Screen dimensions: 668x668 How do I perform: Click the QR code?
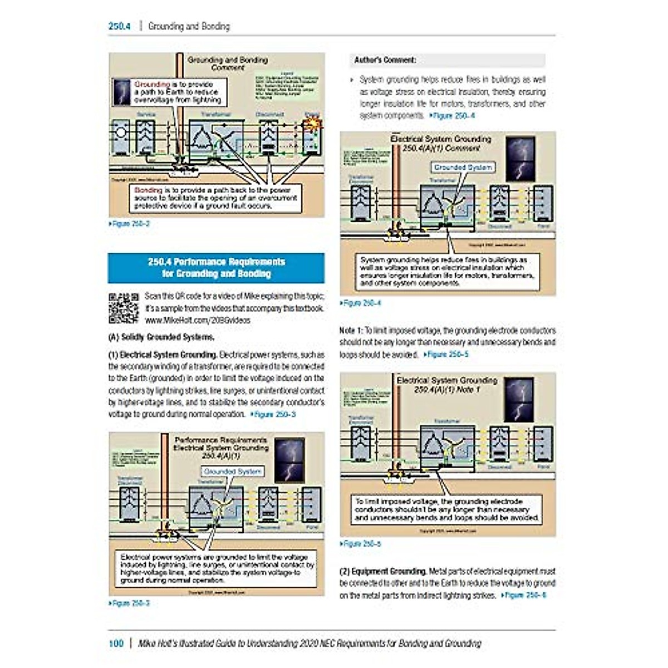pyautogui.click(x=123, y=308)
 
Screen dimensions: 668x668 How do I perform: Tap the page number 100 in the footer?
pyautogui.click(x=116, y=644)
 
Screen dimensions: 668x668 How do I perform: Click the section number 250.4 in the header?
pyautogui.click(x=119, y=26)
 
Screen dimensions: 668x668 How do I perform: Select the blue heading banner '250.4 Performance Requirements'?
pyautogui.click(x=216, y=268)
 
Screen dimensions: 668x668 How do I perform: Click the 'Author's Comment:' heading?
pyautogui.click(x=385, y=60)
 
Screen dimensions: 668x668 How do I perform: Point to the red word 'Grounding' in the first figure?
pyautogui.click(x=151, y=85)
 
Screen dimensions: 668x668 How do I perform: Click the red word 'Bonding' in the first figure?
pyautogui.click(x=148, y=190)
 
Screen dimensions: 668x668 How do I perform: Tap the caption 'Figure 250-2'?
pyautogui.click(x=130, y=224)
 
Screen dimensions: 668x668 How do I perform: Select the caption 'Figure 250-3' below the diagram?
pyautogui.click(x=130, y=603)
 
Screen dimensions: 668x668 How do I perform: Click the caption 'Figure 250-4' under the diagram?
pyautogui.click(x=362, y=303)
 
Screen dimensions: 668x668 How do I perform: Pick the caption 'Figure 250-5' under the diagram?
pyautogui.click(x=362, y=544)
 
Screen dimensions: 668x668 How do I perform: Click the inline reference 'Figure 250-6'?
pyautogui.click(x=525, y=596)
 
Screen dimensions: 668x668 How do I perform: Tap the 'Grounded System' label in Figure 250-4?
pyautogui.click(x=463, y=167)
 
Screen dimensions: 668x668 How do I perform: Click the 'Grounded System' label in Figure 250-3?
pyautogui.click(x=232, y=471)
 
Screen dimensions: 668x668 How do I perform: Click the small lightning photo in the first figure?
pyautogui.click(x=122, y=92)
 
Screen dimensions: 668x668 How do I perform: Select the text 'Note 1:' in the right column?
pyautogui.click(x=351, y=331)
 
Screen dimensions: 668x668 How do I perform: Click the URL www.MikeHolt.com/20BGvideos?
pyautogui.click(x=198, y=321)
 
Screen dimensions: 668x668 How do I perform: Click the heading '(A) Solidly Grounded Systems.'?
pyautogui.click(x=161, y=337)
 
